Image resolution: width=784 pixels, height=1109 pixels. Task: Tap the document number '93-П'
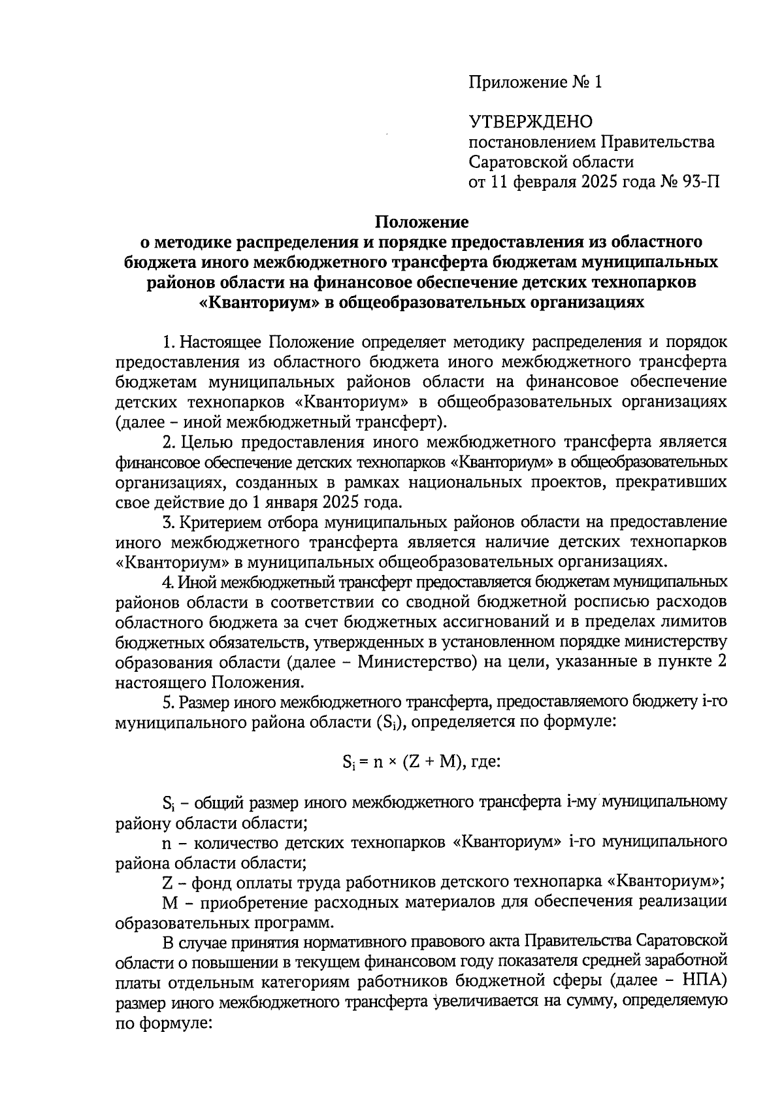click(702, 181)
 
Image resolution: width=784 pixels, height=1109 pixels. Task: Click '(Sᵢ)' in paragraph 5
click(393, 723)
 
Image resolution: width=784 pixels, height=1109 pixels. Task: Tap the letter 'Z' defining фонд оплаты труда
click(167, 882)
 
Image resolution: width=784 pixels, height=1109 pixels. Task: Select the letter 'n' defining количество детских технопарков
click(166, 842)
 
